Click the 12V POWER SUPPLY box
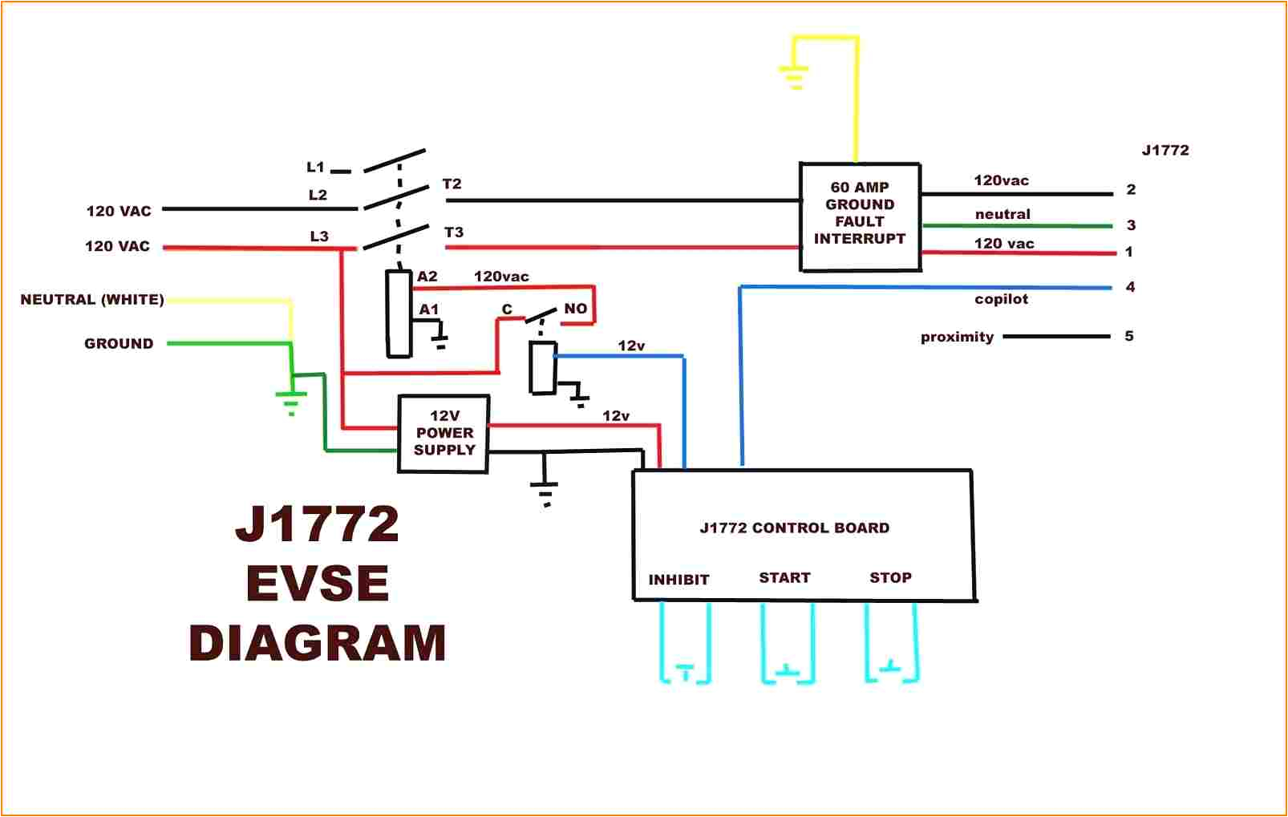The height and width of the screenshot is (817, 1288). pyautogui.click(x=444, y=434)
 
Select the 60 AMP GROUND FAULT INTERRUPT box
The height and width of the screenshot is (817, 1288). pyautogui.click(x=860, y=216)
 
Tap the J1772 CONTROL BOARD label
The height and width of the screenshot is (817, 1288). pyautogui.click(x=794, y=528)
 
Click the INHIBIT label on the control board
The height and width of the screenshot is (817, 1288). pyautogui.click(x=678, y=580)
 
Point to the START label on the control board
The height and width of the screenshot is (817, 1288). pyautogui.click(x=784, y=578)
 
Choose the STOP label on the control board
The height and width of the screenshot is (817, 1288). pyautogui.click(x=890, y=578)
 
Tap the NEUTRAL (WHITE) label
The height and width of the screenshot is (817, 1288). pyautogui.click(x=92, y=300)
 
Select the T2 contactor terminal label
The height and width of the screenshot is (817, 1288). pyautogui.click(x=452, y=184)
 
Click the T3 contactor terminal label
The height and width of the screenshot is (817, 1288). pyautogui.click(x=454, y=233)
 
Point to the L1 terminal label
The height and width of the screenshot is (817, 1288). pyautogui.click(x=315, y=168)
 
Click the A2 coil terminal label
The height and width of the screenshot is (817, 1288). pyautogui.click(x=427, y=277)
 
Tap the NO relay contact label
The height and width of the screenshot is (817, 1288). pyautogui.click(x=575, y=309)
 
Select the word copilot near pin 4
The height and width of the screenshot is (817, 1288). pyautogui.click(x=1001, y=299)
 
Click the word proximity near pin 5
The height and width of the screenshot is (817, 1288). pyautogui.click(x=957, y=337)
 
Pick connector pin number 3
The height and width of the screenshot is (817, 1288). pyautogui.click(x=1131, y=225)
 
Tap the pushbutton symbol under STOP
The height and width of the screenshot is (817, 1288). pyautogui.click(x=891, y=667)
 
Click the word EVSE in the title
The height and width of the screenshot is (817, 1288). pyautogui.click(x=318, y=584)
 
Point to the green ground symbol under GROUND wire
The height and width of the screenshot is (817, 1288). pyautogui.click(x=291, y=400)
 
